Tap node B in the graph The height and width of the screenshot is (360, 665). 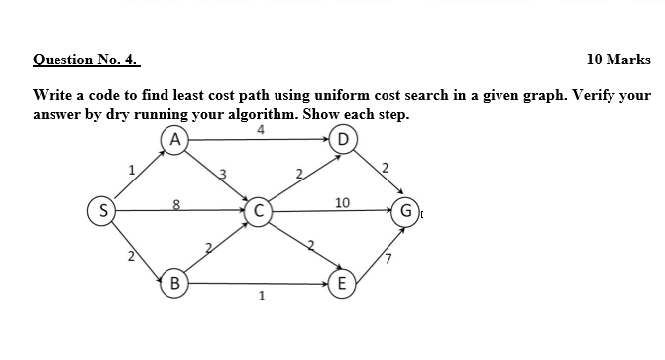(174, 282)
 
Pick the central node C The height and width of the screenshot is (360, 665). (259, 210)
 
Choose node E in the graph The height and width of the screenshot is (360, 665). (343, 282)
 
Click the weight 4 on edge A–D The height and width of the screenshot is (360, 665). (260, 129)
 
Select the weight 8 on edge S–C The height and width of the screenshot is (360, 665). (176, 204)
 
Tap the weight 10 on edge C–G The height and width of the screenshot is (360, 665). (342, 202)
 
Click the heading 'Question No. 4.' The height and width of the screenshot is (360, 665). (86, 60)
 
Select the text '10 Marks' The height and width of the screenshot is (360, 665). (618, 60)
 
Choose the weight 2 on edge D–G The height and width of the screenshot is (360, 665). (387, 165)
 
